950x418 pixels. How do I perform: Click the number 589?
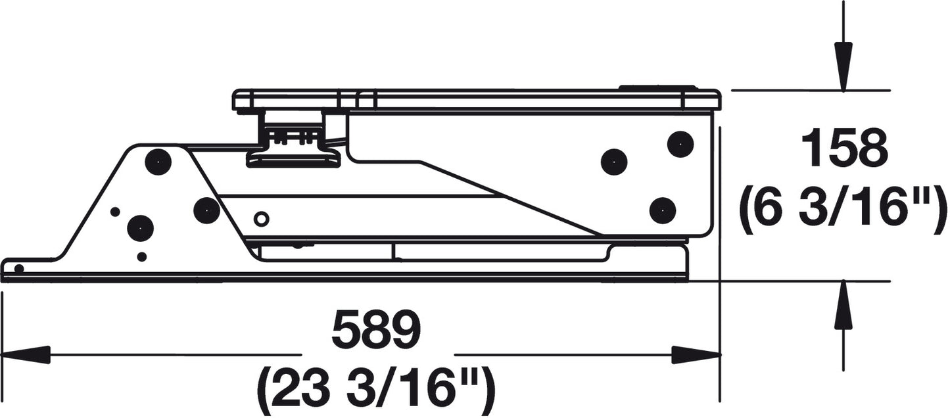coord(376,329)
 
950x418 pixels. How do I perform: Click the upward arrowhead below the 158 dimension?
coord(843,304)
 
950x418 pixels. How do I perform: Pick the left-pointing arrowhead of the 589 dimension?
coord(26,354)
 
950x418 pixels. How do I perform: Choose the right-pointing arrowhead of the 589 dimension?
coord(696,354)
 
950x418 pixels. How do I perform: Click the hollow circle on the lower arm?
coord(261,219)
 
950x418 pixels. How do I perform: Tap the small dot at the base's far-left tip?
coord(18,268)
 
